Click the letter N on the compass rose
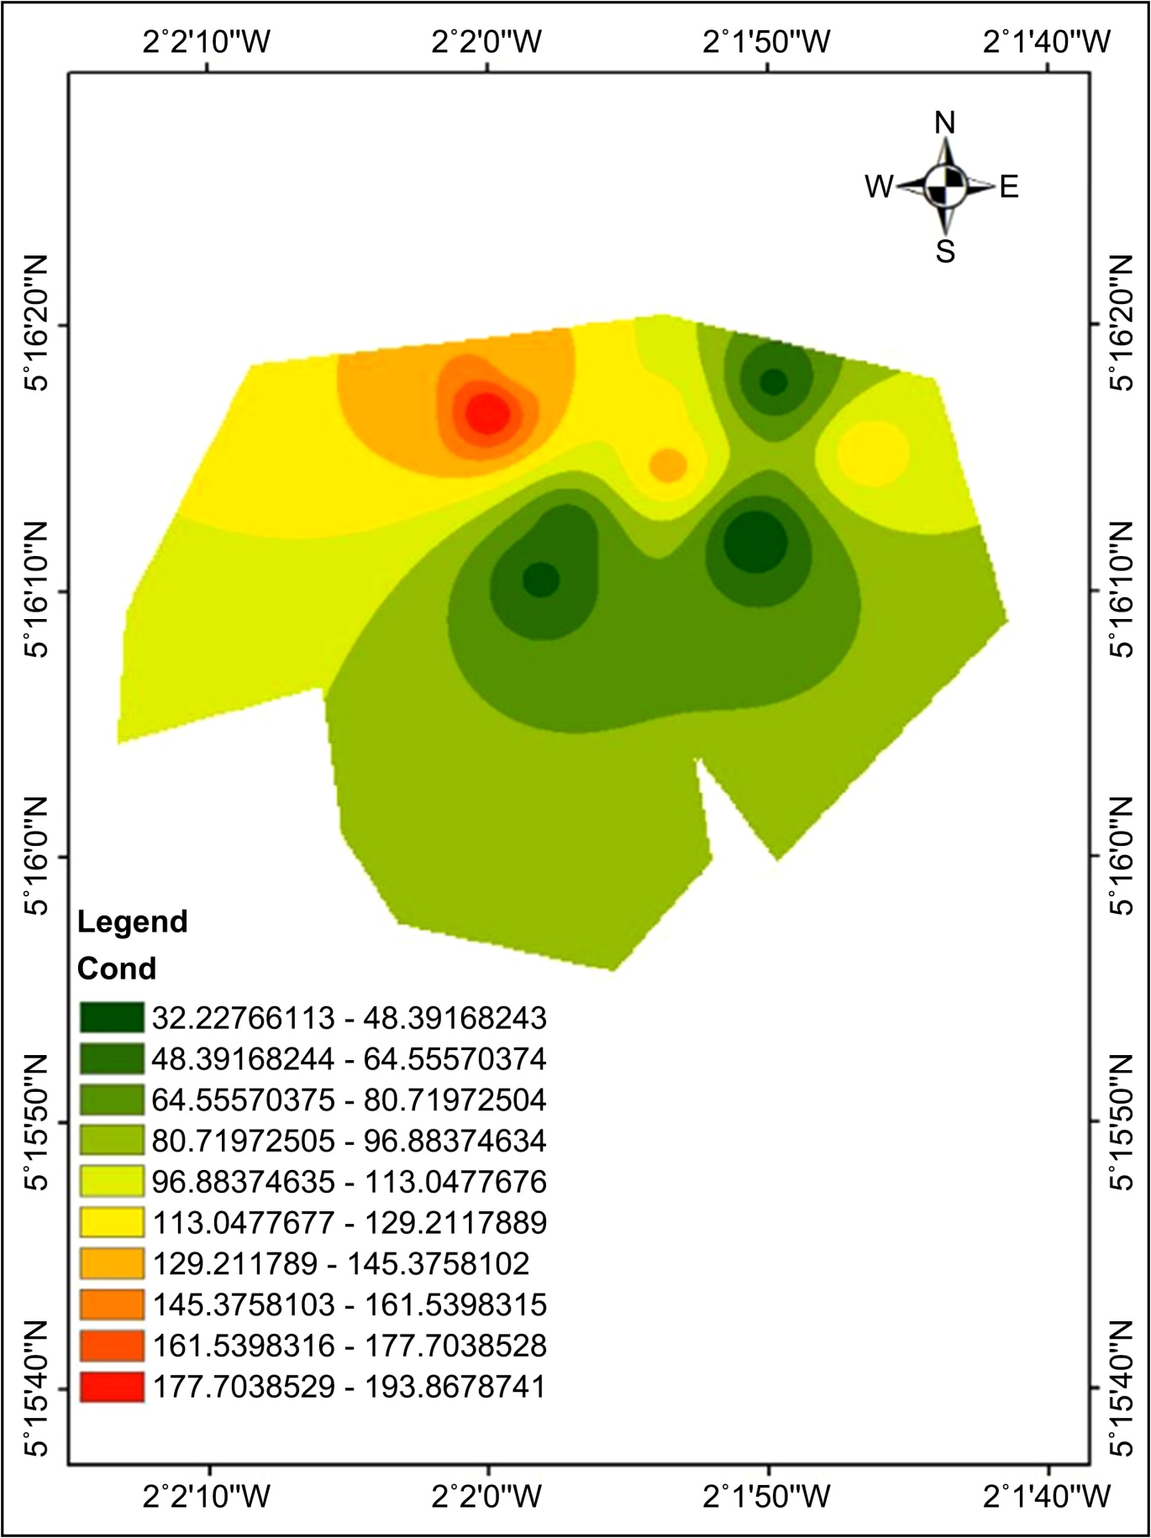945,123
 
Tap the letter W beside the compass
880,186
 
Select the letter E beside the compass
1009,186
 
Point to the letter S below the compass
945,250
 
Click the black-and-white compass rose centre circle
945,186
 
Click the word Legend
132,922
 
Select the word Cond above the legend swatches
117,968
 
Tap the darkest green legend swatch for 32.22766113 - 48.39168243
112,1017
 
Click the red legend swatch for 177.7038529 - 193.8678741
112,1386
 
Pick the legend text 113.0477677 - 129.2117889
350,1223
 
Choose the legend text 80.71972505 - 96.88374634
350,1141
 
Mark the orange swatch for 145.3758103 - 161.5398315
112,1304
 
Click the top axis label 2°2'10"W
208,41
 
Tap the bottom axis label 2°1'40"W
1048,1496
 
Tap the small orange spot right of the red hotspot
668,465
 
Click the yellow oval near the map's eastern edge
874,453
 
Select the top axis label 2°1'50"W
767,41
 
